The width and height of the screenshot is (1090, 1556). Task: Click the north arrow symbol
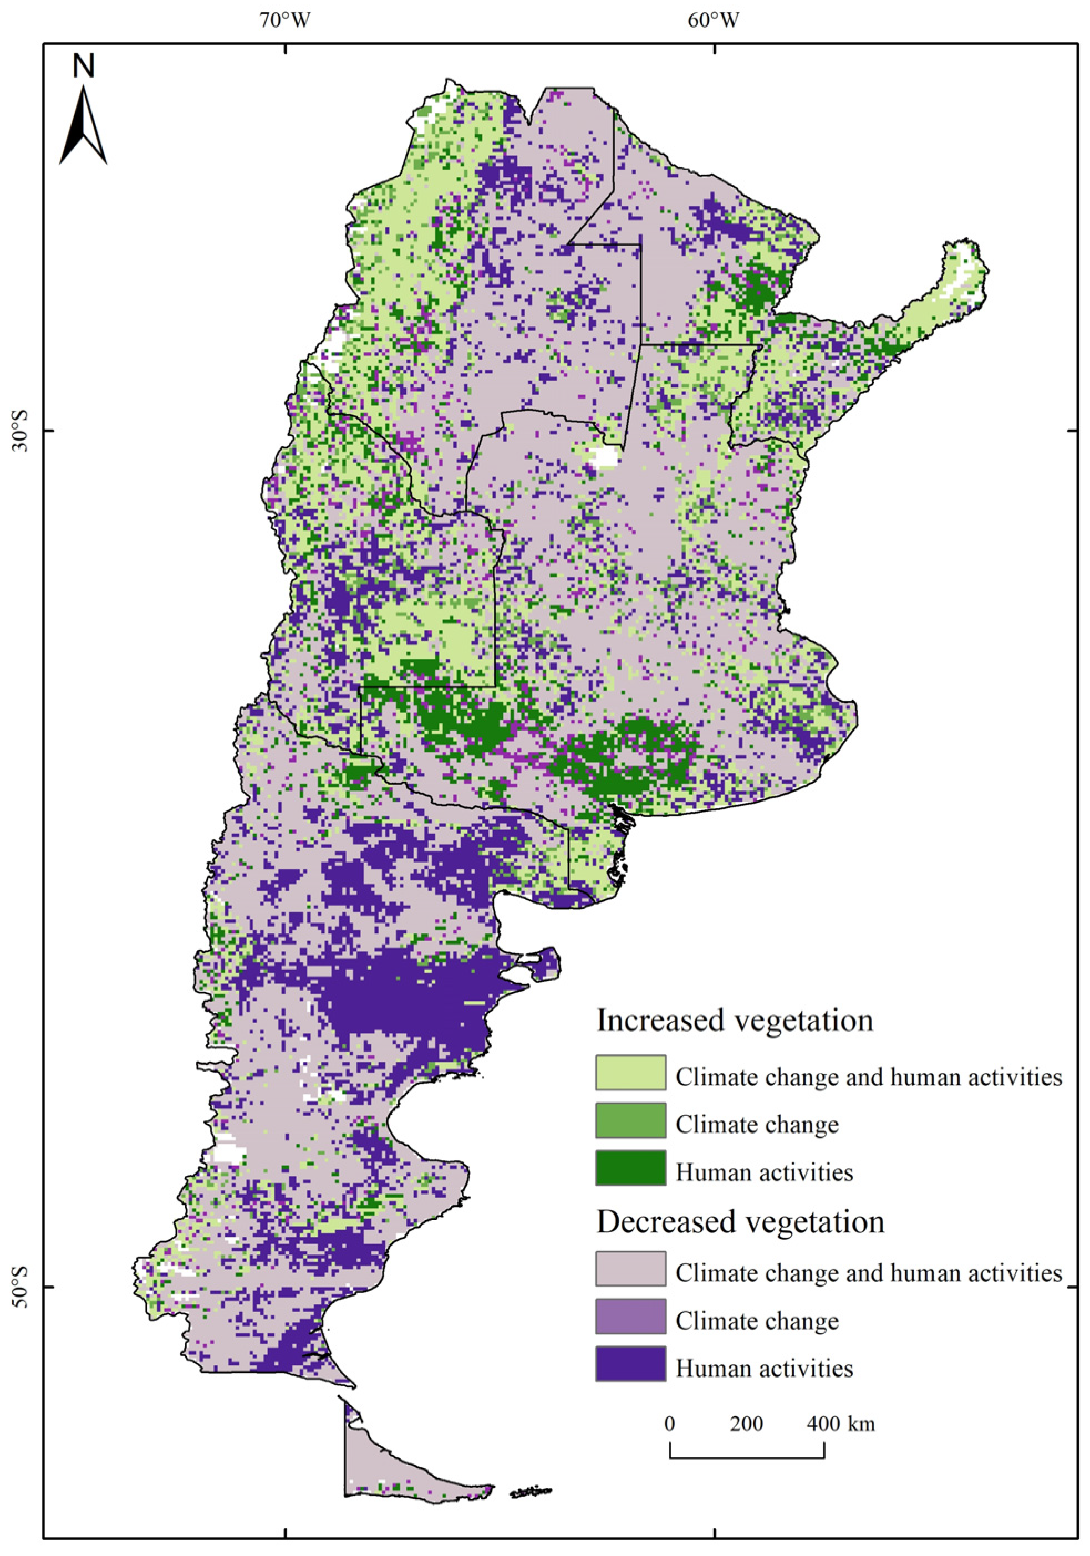point(83,125)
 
